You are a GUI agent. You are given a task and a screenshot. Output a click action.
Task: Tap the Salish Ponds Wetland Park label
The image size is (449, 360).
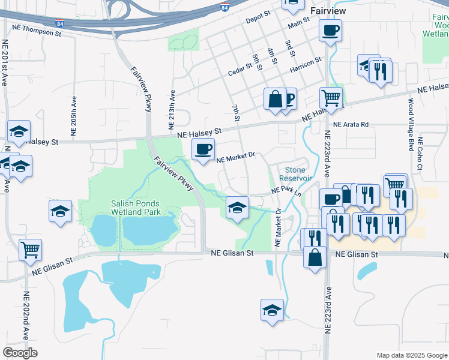136,208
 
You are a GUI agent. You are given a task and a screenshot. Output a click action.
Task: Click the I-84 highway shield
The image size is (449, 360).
224,8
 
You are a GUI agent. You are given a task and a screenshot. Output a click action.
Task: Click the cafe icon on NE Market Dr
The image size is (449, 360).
203,149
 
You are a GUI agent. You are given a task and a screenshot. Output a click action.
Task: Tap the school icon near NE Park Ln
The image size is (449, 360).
238,208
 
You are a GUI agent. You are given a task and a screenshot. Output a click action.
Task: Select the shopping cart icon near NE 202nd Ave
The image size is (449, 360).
31,250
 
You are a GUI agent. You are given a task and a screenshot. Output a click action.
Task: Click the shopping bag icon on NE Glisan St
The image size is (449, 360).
315,257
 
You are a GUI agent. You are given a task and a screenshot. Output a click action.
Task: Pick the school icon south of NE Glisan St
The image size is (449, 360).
272,310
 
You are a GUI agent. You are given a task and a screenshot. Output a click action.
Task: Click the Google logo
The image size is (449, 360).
20,353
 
